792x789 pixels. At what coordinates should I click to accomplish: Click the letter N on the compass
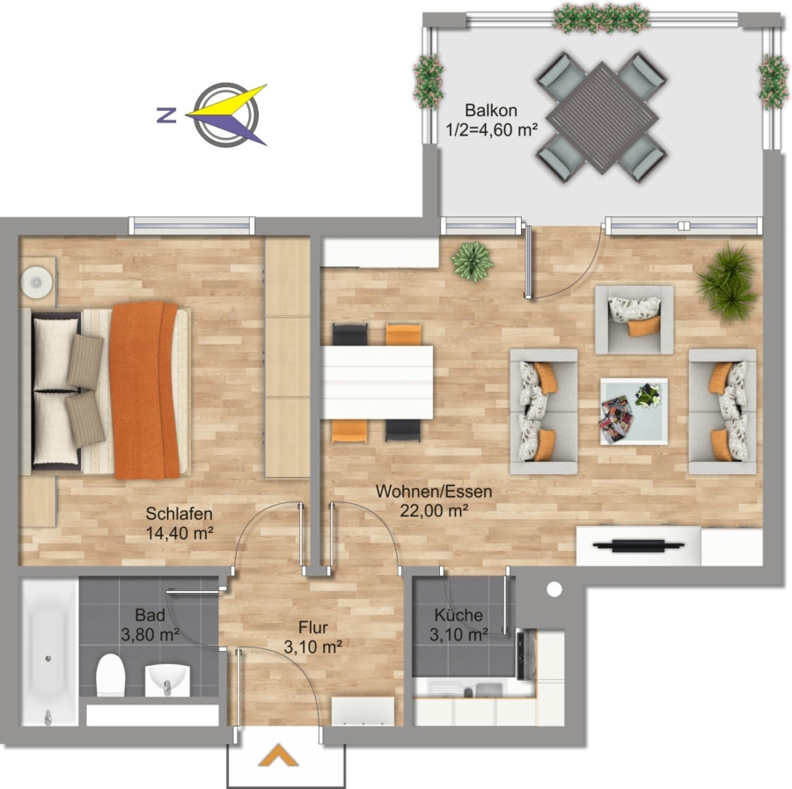[x=166, y=115]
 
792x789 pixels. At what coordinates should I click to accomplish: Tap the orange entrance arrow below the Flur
[x=278, y=756]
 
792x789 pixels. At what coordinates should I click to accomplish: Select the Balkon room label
[x=491, y=110]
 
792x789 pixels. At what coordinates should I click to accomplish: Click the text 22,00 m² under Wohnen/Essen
[x=434, y=510]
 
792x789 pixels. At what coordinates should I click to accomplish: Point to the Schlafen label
[x=179, y=514]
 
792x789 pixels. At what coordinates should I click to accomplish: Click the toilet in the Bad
[x=110, y=675]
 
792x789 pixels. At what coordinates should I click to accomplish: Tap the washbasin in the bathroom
[x=168, y=680]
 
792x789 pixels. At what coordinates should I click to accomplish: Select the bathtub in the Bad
[x=49, y=652]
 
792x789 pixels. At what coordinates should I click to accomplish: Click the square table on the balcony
[x=601, y=118]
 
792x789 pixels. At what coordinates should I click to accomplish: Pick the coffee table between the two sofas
[x=634, y=412]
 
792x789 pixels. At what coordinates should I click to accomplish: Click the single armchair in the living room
[x=634, y=319]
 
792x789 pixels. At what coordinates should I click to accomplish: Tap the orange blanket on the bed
[x=145, y=391]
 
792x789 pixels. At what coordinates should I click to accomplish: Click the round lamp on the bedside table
[x=36, y=281]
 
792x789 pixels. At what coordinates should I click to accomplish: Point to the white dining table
[x=378, y=382]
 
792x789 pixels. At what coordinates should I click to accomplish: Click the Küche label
[x=458, y=615]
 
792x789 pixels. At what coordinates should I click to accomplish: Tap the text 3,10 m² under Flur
[x=313, y=647]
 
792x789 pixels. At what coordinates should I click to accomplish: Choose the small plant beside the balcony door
[x=472, y=261]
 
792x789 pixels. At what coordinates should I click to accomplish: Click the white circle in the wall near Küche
[x=554, y=589]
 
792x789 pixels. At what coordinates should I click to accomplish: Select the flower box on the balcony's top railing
[x=601, y=18]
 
